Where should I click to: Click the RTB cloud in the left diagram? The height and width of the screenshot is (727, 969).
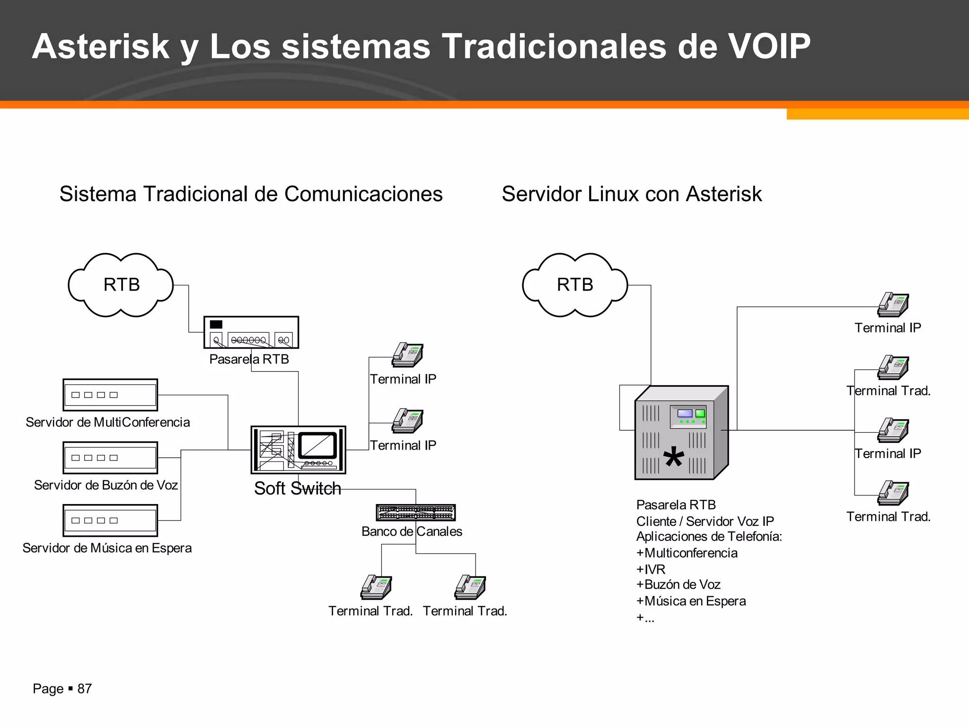(121, 285)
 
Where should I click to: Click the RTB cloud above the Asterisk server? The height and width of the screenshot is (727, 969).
(575, 285)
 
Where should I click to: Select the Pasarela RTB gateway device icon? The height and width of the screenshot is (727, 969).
(251, 332)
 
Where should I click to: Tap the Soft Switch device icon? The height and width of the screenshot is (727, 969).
(298, 450)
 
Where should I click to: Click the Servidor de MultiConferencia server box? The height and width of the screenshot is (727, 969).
(110, 395)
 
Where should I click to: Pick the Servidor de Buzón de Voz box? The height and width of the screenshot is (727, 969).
(110, 458)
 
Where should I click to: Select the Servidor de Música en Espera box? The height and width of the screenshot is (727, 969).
(110, 520)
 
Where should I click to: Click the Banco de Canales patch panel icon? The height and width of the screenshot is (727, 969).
(415, 512)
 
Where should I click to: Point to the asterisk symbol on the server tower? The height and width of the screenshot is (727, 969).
(674, 458)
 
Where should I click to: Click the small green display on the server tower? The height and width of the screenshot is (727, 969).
(700, 414)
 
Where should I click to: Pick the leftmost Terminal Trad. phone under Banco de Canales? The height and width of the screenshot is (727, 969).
(376, 587)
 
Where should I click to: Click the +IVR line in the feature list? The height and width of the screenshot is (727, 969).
(651, 569)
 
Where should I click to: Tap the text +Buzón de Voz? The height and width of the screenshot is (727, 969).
(678, 585)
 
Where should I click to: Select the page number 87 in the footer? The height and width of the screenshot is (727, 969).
(84, 689)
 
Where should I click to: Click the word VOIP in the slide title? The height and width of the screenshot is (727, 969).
(768, 46)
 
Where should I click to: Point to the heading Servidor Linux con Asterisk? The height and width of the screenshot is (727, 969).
(632, 194)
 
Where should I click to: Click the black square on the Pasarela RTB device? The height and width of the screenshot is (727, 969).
(216, 324)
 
